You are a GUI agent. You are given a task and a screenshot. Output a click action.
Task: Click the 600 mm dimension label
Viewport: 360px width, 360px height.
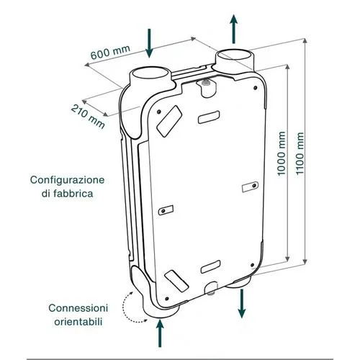(110, 52)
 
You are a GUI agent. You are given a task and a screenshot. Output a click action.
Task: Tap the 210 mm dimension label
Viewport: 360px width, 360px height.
(88, 117)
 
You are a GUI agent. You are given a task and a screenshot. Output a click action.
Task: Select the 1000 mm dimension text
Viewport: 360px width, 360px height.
(282, 153)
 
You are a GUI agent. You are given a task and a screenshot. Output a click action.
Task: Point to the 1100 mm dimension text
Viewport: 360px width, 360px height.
(300, 153)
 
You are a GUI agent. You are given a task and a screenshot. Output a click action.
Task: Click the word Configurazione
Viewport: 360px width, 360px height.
(68, 180)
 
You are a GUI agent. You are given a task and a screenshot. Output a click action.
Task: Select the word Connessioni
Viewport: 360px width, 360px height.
(78, 308)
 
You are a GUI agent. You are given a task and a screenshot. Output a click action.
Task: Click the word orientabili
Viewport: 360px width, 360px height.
(78, 322)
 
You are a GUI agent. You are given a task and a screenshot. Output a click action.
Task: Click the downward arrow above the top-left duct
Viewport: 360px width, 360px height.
(149, 43)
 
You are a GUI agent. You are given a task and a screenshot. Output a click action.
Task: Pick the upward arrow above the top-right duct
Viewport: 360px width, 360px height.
(233, 29)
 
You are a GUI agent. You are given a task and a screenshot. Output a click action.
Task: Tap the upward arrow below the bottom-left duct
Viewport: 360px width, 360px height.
(160, 333)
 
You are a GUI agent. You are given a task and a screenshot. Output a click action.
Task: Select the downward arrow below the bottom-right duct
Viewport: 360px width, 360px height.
(242, 304)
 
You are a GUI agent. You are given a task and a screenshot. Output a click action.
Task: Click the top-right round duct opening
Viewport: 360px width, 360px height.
(234, 55)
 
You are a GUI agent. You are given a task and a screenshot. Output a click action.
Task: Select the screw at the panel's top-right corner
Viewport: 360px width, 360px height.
(256, 88)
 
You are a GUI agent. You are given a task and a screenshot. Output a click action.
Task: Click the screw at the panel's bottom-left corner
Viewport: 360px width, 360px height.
(167, 299)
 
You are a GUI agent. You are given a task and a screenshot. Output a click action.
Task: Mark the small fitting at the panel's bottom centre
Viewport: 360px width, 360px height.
(211, 289)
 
